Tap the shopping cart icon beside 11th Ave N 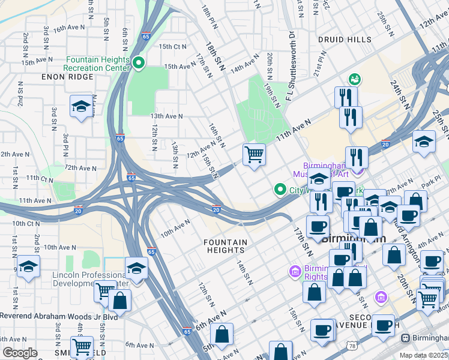coord(254,155)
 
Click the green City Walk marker coord(280,190)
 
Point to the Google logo coord(19,353)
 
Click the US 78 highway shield coord(352,346)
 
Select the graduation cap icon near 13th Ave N coord(81,107)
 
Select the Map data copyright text coord(424,355)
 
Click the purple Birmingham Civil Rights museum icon coord(295,272)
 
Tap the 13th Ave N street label coord(166,116)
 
